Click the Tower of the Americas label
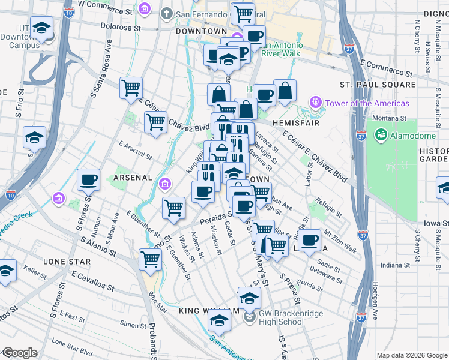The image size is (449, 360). (x=367, y=103)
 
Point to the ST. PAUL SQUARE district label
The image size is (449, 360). (x=378, y=85)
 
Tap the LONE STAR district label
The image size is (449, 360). (x=67, y=262)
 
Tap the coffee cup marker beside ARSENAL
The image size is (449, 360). (x=89, y=180)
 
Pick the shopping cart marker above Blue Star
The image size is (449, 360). (x=149, y=260)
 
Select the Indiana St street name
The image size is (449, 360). (x=394, y=264)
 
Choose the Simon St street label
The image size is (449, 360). (x=130, y=324)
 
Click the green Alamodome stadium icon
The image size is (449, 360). (x=380, y=136)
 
